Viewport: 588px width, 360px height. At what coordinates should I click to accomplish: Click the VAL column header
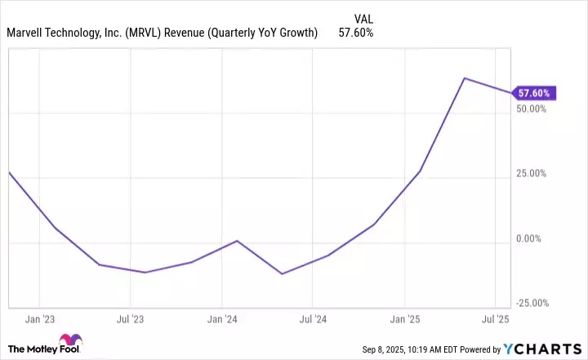pos(365,18)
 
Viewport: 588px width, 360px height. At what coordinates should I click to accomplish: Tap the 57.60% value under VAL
pos(355,33)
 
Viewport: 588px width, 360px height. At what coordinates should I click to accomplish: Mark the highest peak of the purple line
pos(464,78)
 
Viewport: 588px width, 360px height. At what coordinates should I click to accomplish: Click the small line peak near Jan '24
pos(236,241)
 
